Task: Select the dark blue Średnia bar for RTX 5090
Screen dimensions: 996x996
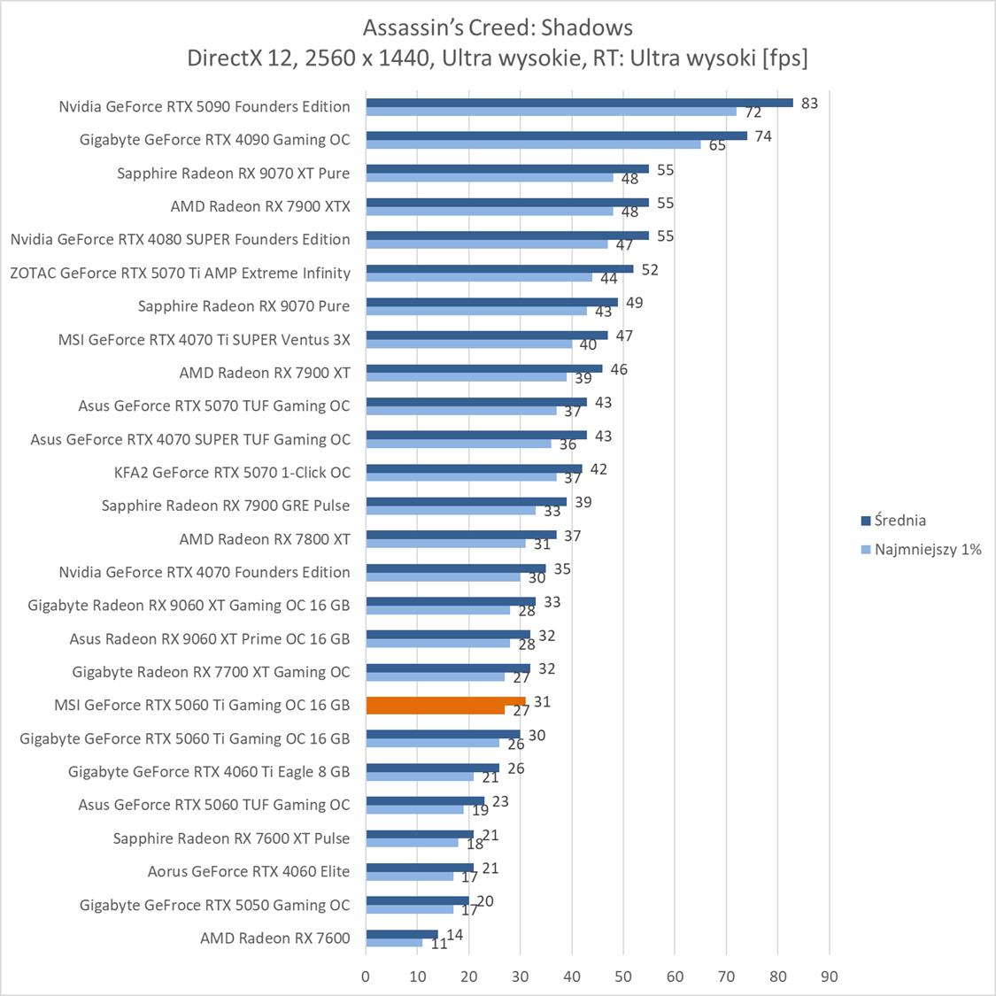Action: click(x=579, y=102)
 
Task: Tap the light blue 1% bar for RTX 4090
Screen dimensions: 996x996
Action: click(x=533, y=144)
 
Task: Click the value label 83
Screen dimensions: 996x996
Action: click(x=809, y=103)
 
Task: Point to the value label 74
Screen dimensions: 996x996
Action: click(x=763, y=136)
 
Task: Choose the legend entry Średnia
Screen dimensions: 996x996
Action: click(x=899, y=521)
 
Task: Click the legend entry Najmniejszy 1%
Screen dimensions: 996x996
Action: click(x=927, y=549)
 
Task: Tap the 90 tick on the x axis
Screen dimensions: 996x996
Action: click(x=829, y=977)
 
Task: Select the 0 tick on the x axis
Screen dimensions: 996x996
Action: click(x=366, y=977)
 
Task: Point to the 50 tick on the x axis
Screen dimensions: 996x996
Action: click(x=623, y=977)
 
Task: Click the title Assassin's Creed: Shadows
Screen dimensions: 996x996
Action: click(x=498, y=27)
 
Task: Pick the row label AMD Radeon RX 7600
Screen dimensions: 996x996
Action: click(x=275, y=938)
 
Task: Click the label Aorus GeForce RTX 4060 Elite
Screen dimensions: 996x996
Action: click(x=249, y=871)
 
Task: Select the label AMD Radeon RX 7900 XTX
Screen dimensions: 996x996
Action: click(x=260, y=206)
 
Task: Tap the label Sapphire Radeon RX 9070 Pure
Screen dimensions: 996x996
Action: click(x=243, y=305)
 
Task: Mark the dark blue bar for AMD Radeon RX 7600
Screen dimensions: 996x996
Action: click(x=402, y=934)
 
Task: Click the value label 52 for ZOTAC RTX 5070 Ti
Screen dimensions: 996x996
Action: click(x=650, y=269)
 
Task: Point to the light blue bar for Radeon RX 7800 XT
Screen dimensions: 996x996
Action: click(x=445, y=544)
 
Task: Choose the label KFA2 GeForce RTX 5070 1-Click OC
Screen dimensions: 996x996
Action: click(x=232, y=472)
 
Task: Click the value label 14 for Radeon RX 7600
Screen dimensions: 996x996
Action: click(x=454, y=935)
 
